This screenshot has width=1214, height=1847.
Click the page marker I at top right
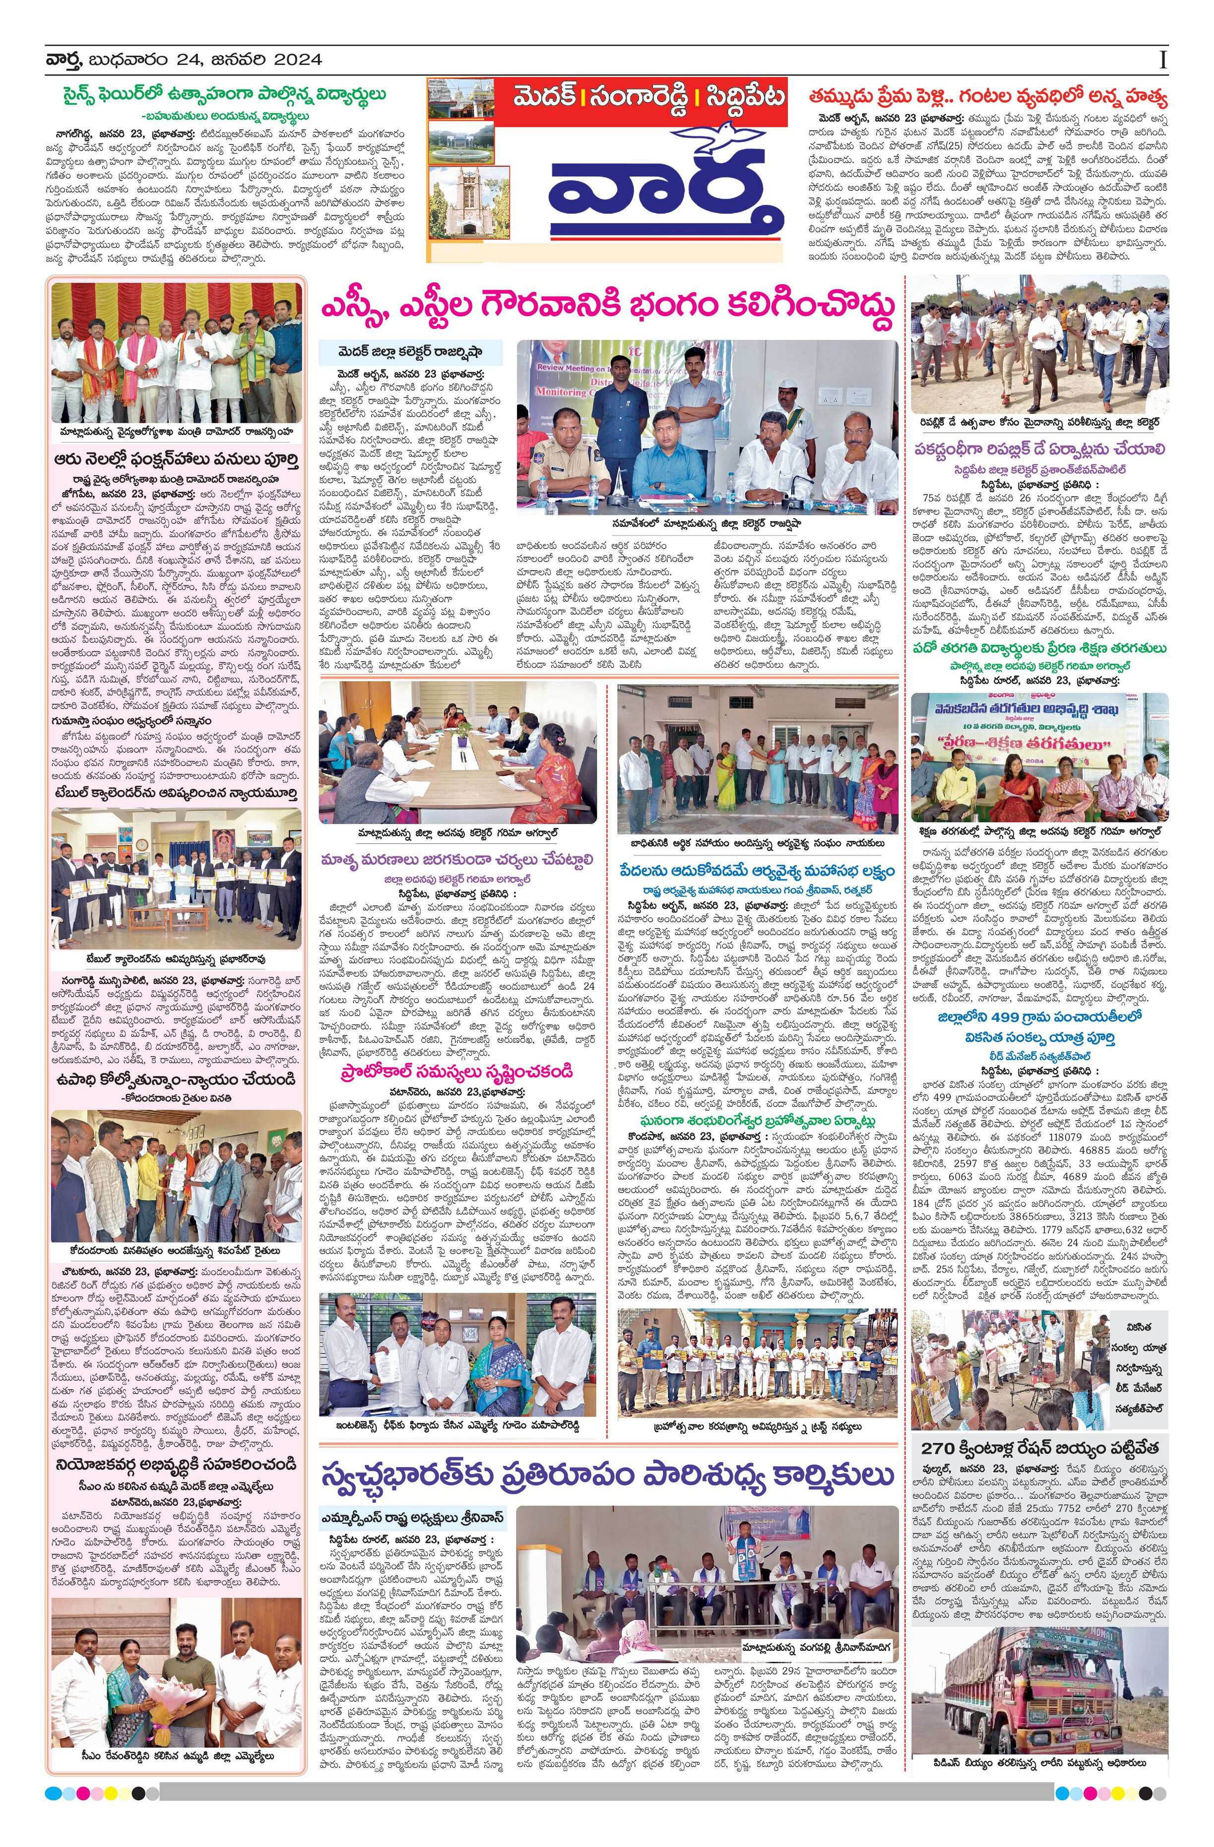[x=1162, y=60]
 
